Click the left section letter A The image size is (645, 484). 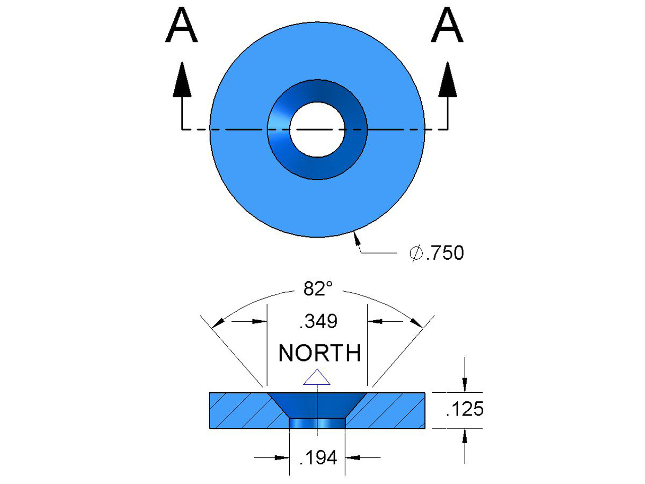point(181,26)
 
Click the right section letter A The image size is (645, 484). point(447,26)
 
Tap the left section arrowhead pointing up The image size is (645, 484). point(182,80)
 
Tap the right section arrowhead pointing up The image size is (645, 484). point(447,80)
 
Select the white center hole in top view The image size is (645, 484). point(317,130)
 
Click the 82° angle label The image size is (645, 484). point(318,289)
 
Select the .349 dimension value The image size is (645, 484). point(318,321)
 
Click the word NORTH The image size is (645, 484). point(319,353)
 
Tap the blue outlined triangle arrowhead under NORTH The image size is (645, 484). point(317,378)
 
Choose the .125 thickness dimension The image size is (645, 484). point(465,409)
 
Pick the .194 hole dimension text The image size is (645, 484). point(318,458)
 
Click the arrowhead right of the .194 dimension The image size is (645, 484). point(353,458)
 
